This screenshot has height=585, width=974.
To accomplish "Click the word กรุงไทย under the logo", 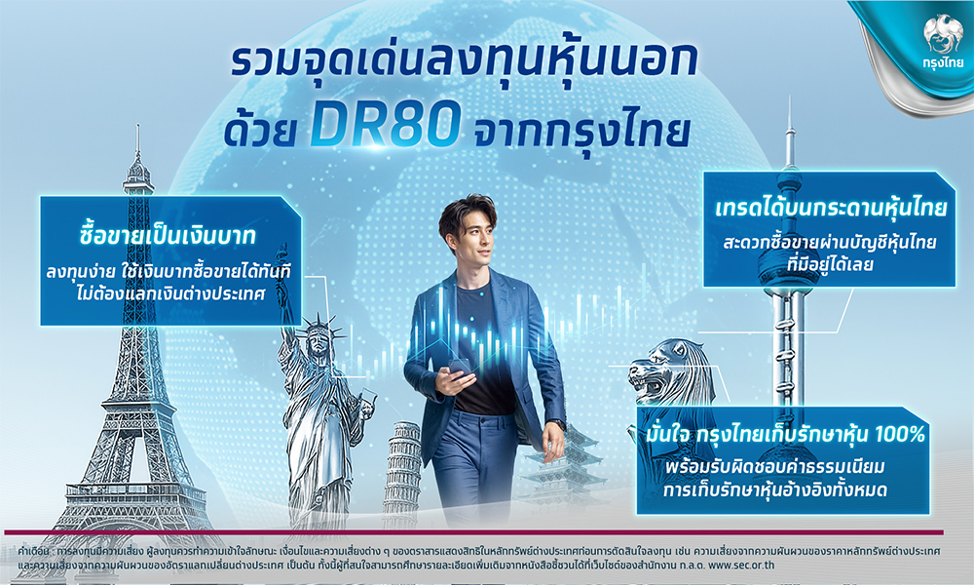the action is (943, 62).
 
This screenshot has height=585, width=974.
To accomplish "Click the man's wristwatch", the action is (556, 425).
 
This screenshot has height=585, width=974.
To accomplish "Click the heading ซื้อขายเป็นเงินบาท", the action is (168, 237).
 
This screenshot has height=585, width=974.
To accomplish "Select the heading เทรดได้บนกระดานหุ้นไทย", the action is (830, 208).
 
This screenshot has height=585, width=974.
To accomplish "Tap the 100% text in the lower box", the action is (900, 435).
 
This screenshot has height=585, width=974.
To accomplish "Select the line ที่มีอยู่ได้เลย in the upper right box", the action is (830, 264).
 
